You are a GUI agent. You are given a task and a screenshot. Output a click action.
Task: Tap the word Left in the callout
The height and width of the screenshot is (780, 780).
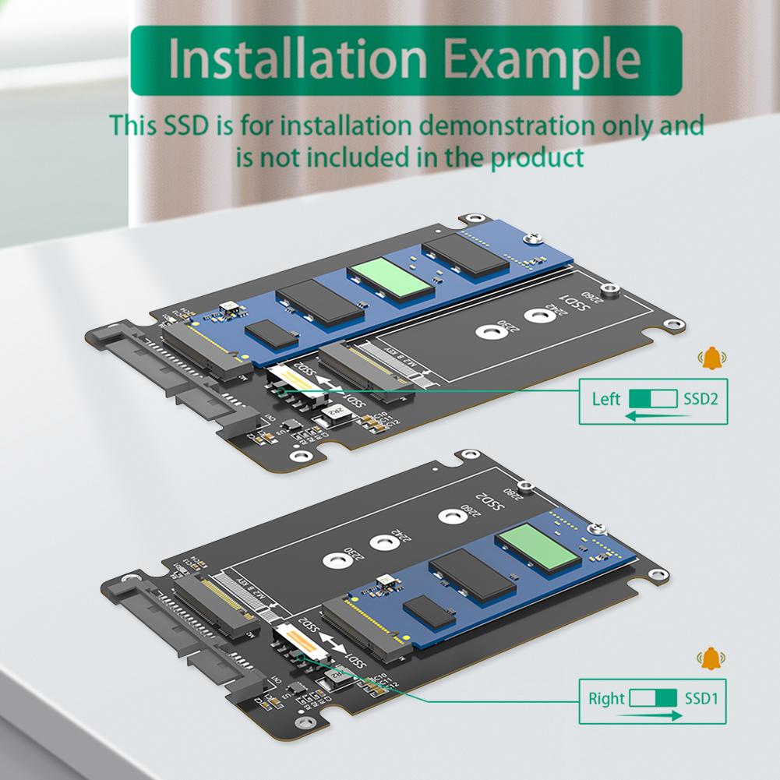click(606, 400)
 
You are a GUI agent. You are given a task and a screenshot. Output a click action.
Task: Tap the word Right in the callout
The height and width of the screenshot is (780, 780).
click(607, 698)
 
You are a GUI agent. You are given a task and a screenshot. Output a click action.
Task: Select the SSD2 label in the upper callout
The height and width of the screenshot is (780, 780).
click(700, 400)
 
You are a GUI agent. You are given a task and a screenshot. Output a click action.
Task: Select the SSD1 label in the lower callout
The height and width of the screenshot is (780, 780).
click(701, 698)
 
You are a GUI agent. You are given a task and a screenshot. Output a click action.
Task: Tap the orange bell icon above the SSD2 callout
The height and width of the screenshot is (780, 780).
click(711, 359)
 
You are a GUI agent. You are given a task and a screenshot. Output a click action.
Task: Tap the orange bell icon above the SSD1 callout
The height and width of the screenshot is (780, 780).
click(711, 659)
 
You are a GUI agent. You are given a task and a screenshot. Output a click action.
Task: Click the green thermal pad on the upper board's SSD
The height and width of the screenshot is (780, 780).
click(391, 277)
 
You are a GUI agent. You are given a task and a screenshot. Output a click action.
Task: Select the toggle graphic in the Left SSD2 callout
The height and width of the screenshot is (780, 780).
click(653, 400)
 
